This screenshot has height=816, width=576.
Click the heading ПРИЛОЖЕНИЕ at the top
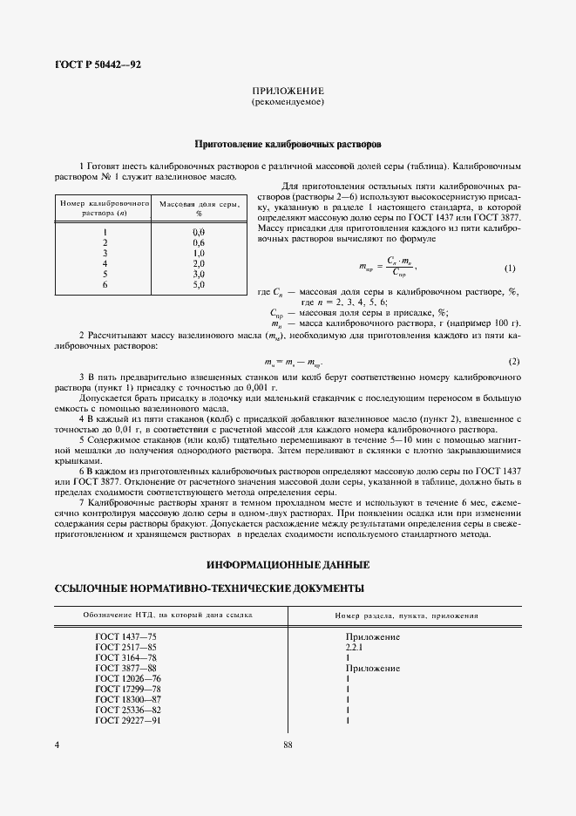tap(288, 91)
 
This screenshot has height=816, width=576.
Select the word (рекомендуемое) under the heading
tap(288, 102)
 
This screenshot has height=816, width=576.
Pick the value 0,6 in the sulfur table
tap(198, 242)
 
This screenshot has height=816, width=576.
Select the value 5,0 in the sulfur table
tap(198, 284)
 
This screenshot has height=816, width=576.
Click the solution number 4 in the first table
tap(105, 263)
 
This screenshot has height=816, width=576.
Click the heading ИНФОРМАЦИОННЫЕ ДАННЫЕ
tap(288, 563)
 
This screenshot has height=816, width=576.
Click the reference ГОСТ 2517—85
tap(126, 648)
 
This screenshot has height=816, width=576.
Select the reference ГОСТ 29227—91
tap(128, 720)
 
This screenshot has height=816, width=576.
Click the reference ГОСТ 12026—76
tap(128, 678)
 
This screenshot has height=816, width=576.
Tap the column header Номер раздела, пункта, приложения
tap(406, 615)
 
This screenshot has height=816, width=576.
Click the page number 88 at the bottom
tap(288, 745)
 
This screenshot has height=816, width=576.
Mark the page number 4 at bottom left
tap(57, 745)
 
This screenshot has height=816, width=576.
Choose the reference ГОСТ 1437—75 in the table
tap(126, 637)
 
